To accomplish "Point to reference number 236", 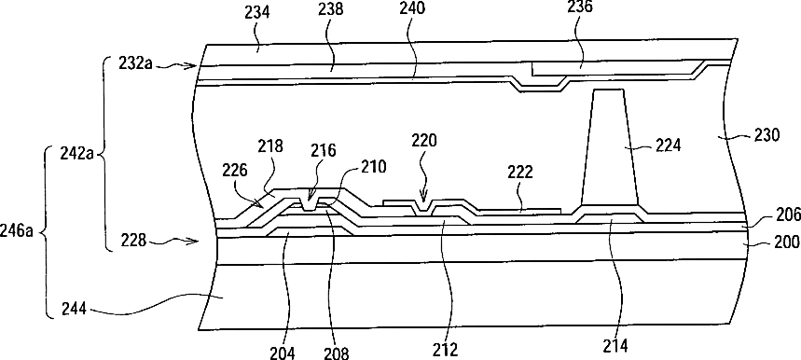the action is tap(580, 7).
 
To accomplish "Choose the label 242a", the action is tap(76, 154).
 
